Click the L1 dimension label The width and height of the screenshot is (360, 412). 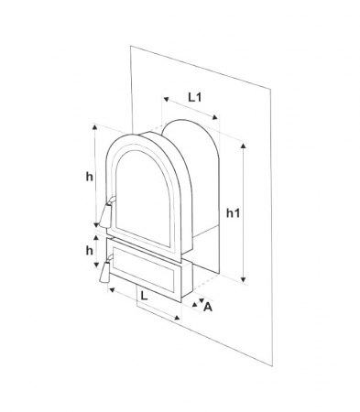coord(195,95)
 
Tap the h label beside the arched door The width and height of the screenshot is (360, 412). coord(87,176)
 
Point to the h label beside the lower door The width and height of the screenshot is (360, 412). coord(88,250)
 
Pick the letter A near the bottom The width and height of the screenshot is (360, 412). coord(209,307)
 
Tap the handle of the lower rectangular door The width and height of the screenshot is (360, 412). coord(103,273)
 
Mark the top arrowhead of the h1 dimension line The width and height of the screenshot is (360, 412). coord(243,145)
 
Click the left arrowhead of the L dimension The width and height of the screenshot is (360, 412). coord(111,291)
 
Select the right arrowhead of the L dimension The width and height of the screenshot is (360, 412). coord(180,316)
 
